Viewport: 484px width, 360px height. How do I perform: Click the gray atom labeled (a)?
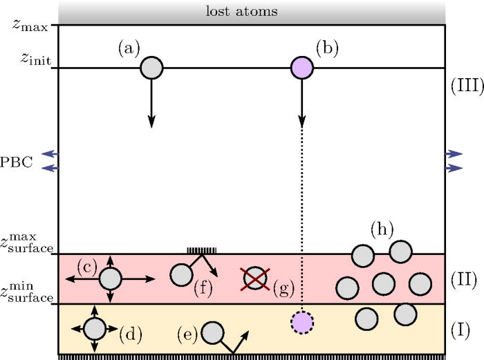click(x=151, y=68)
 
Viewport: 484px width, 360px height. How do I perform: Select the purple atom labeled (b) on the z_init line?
click(x=302, y=68)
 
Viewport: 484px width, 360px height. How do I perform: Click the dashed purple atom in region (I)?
click(x=302, y=323)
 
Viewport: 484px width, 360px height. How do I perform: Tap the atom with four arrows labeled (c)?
click(x=110, y=278)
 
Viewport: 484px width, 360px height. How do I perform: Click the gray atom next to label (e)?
click(x=212, y=333)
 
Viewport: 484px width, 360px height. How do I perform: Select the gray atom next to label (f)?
click(x=181, y=274)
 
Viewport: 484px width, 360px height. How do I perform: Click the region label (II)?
click(x=463, y=278)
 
